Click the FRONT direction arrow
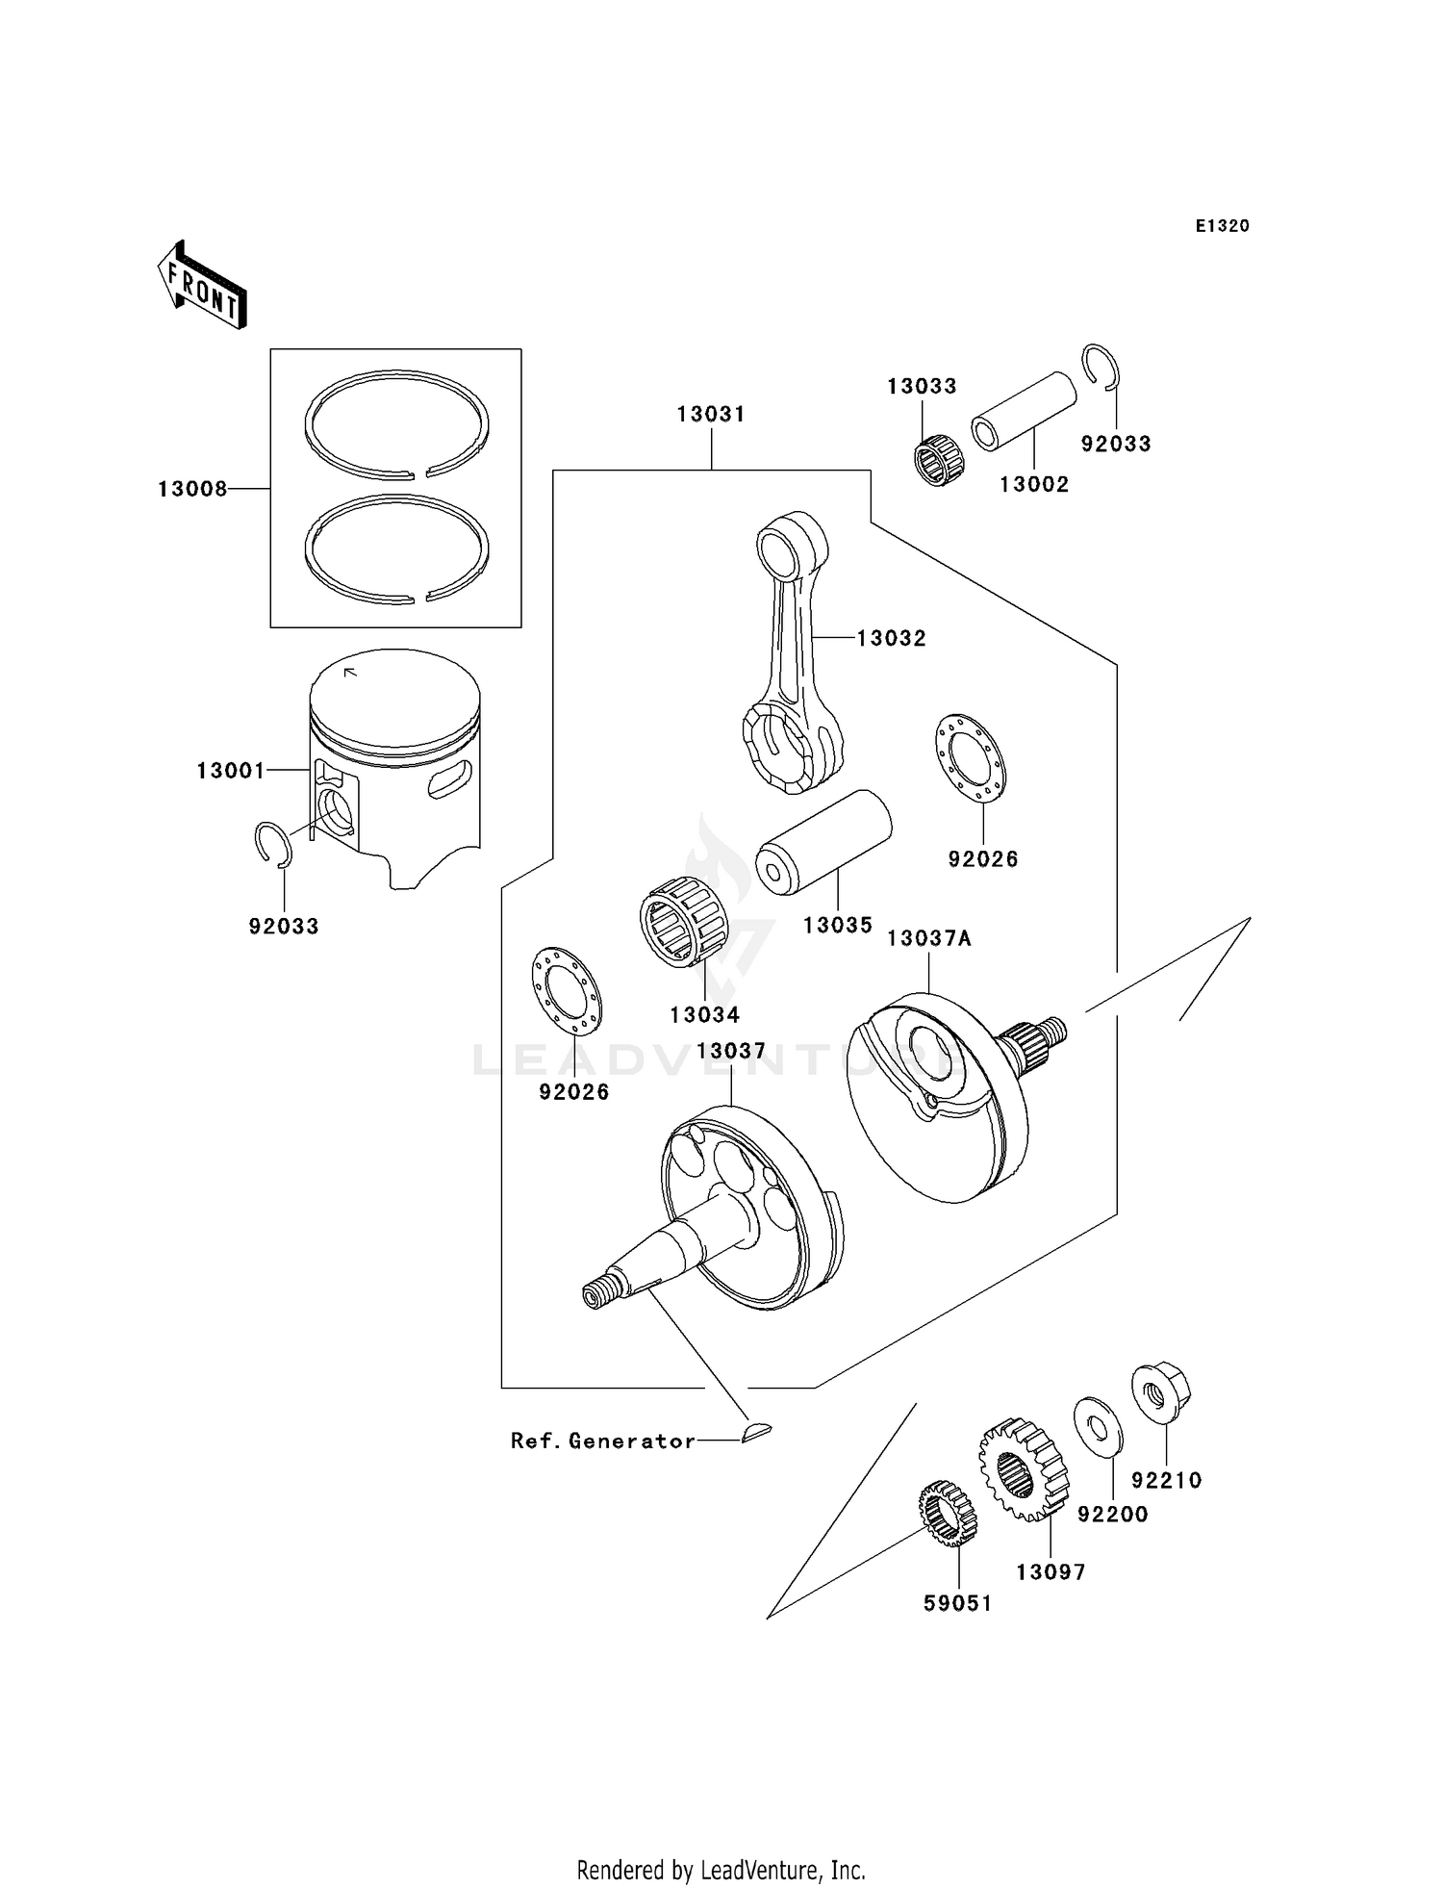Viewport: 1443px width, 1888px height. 202,286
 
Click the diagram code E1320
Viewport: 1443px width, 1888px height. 1222,226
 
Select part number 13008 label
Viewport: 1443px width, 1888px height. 192,489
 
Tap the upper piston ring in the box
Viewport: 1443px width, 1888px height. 396,423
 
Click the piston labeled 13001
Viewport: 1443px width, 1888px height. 394,760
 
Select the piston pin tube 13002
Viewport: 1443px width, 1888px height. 1023,411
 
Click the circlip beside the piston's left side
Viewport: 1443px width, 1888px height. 273,844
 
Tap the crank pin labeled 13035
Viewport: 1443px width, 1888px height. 823,841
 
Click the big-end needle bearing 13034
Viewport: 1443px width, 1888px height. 684,919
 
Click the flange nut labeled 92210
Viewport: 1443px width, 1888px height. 1161,1394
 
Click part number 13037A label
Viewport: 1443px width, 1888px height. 928,938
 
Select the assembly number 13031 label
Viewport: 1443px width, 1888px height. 711,414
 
